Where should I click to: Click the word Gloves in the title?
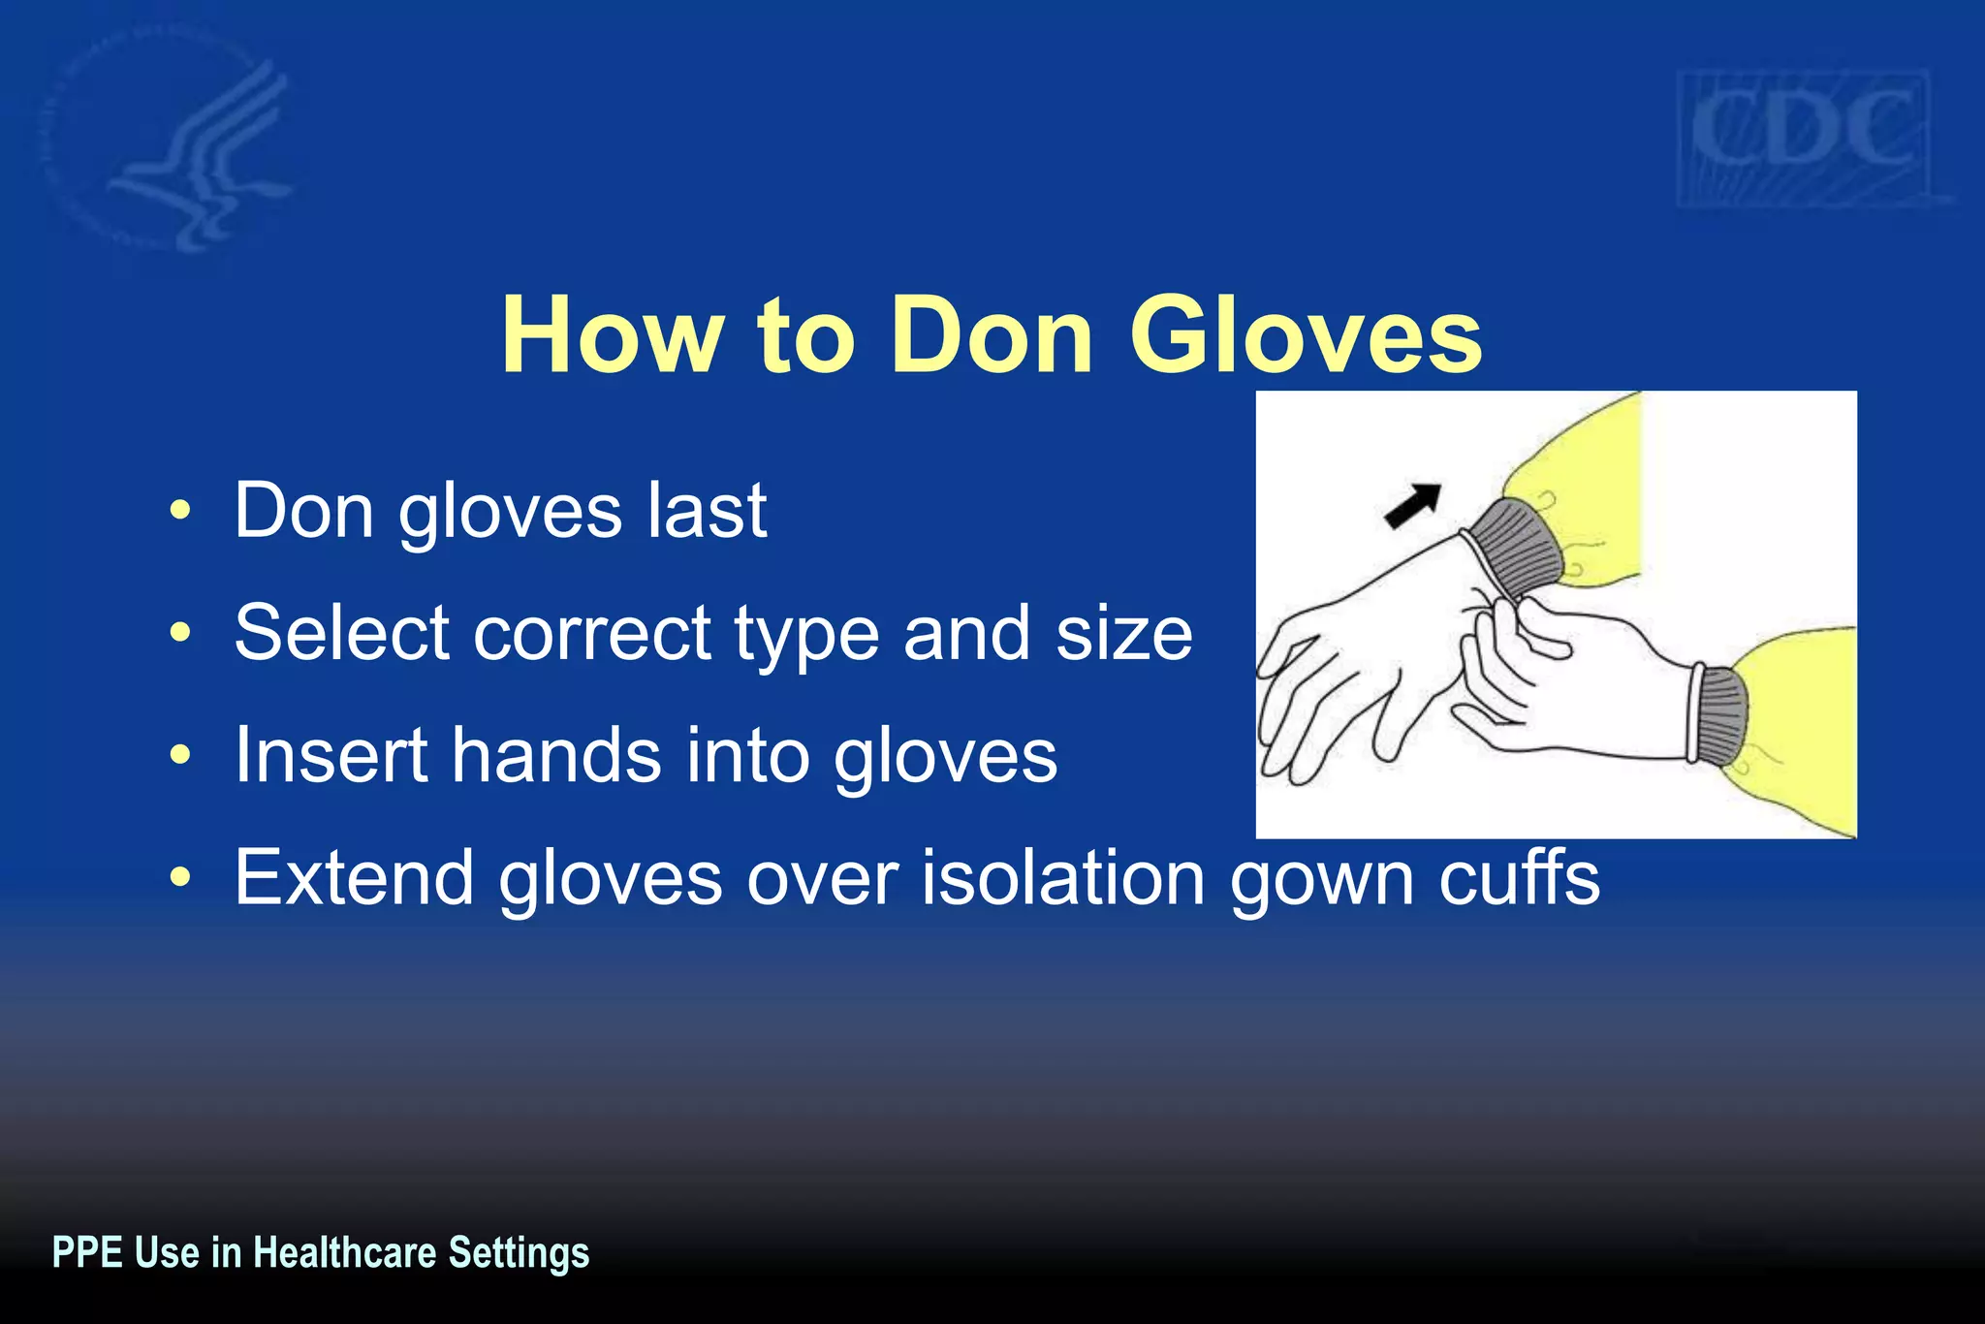[x=1306, y=335]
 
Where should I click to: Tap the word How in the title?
[x=613, y=335]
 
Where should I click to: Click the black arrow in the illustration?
[x=1411, y=506]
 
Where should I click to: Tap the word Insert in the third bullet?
[x=331, y=755]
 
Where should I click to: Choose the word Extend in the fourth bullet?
[x=354, y=877]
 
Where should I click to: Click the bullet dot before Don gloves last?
[x=179, y=511]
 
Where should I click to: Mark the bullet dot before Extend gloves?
[x=179, y=877]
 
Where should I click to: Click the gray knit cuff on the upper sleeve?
[x=1517, y=548]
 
